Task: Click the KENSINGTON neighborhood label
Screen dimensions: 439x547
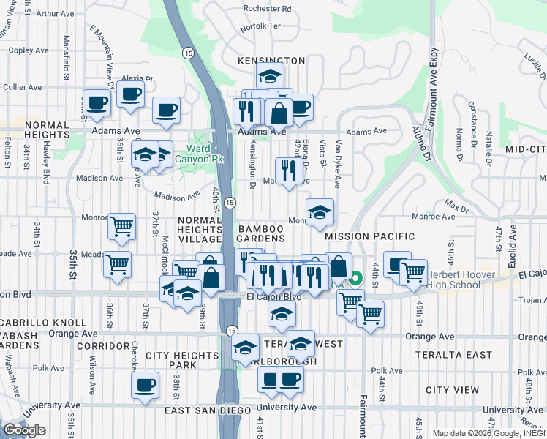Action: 271,60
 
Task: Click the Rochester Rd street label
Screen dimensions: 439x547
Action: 268,9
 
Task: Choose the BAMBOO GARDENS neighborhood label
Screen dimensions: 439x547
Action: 261,234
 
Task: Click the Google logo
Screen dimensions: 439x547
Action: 24,430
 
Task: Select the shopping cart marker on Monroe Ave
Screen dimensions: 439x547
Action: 121,226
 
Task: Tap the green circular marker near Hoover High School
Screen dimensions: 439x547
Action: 355,278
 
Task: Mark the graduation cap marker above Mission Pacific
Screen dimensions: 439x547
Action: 320,213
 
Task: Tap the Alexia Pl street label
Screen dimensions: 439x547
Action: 137,79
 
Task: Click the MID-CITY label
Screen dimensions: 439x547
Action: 526,149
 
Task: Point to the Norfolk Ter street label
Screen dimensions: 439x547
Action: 261,26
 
